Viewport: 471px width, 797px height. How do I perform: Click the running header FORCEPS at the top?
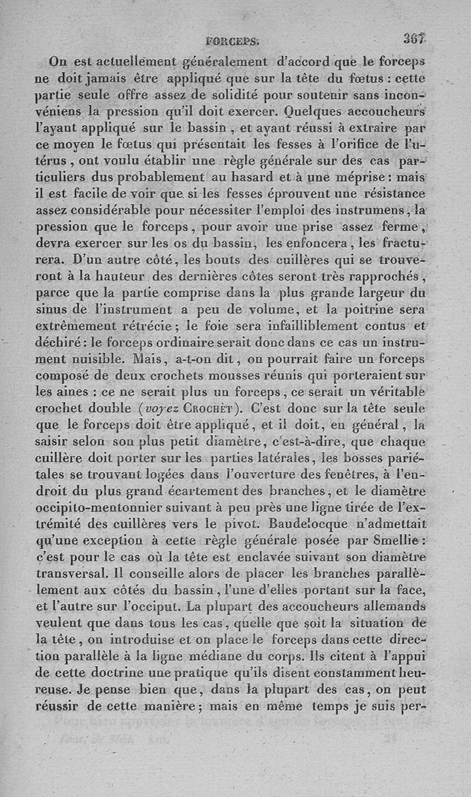(x=230, y=41)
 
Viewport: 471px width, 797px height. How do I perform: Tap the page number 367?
(x=414, y=39)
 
